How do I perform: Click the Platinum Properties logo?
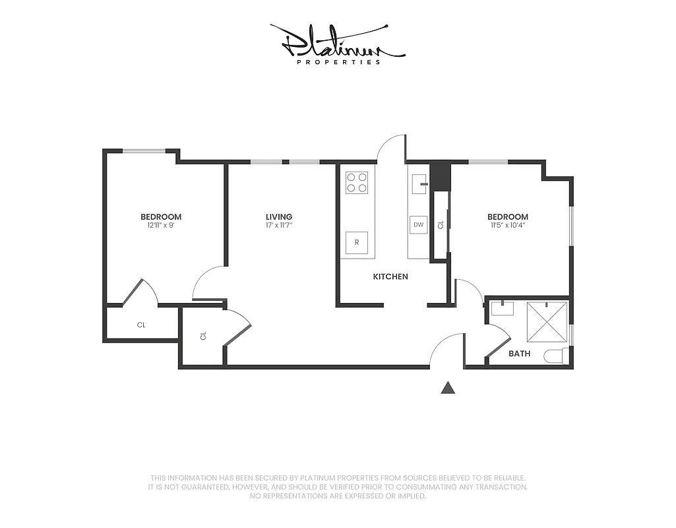[x=337, y=44]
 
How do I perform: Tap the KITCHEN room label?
[x=390, y=277]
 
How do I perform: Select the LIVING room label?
[x=279, y=216]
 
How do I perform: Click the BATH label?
[x=519, y=354]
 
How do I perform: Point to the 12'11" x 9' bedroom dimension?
[x=160, y=225]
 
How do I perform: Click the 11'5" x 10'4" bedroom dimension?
[x=507, y=225]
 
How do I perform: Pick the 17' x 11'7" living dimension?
[x=279, y=225]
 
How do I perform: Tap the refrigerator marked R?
[x=357, y=242]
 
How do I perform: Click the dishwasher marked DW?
[x=418, y=225]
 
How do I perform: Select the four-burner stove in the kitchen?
[x=357, y=182]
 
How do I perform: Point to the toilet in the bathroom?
[x=554, y=356]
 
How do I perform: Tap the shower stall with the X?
[x=547, y=321]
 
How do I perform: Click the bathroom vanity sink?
[x=503, y=308]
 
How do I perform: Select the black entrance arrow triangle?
[x=448, y=388]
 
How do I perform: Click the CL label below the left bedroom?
[x=141, y=325]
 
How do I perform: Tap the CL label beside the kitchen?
[x=440, y=225]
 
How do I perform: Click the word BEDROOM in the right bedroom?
[x=507, y=216]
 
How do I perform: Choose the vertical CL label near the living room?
[x=203, y=336]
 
